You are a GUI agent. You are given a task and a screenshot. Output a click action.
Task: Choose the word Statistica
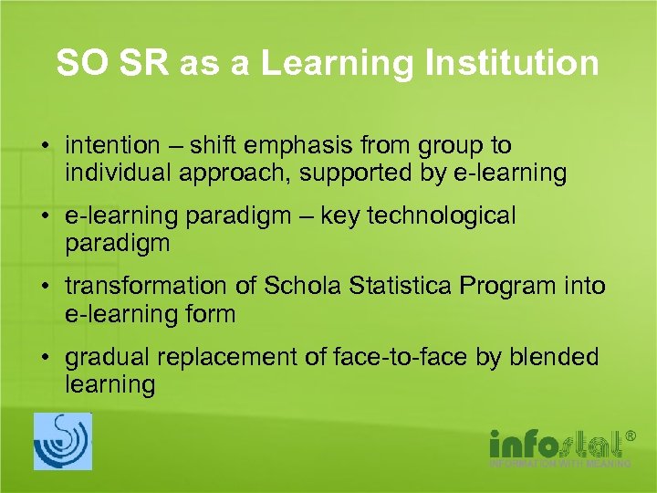pos(401,287)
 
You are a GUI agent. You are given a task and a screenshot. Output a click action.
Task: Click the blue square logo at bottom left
pos(63,442)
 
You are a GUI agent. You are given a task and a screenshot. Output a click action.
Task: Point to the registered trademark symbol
pos(629,436)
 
